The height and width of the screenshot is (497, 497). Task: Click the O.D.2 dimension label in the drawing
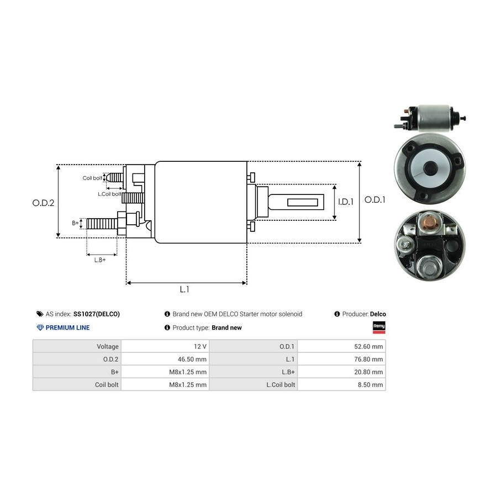[x=43, y=203]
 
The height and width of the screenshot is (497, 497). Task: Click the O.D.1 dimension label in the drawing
[x=375, y=200]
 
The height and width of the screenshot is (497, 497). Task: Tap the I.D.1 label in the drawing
[x=346, y=202]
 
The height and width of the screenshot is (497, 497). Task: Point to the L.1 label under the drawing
[x=184, y=289]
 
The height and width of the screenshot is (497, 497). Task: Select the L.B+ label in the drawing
[x=100, y=260]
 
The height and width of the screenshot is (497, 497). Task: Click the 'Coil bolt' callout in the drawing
[x=92, y=178]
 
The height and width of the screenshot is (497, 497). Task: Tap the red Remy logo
[x=379, y=327]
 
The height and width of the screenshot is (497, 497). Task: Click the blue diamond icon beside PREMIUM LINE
[x=40, y=327]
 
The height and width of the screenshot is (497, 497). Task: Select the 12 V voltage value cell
[x=200, y=347]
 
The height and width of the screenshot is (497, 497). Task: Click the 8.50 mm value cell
[x=372, y=385]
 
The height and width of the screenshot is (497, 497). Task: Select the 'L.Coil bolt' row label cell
[x=282, y=385]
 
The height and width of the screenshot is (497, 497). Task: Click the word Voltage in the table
[x=108, y=347]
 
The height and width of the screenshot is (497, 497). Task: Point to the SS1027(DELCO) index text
[x=97, y=314]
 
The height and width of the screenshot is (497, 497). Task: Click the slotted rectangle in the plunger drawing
[x=305, y=203]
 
